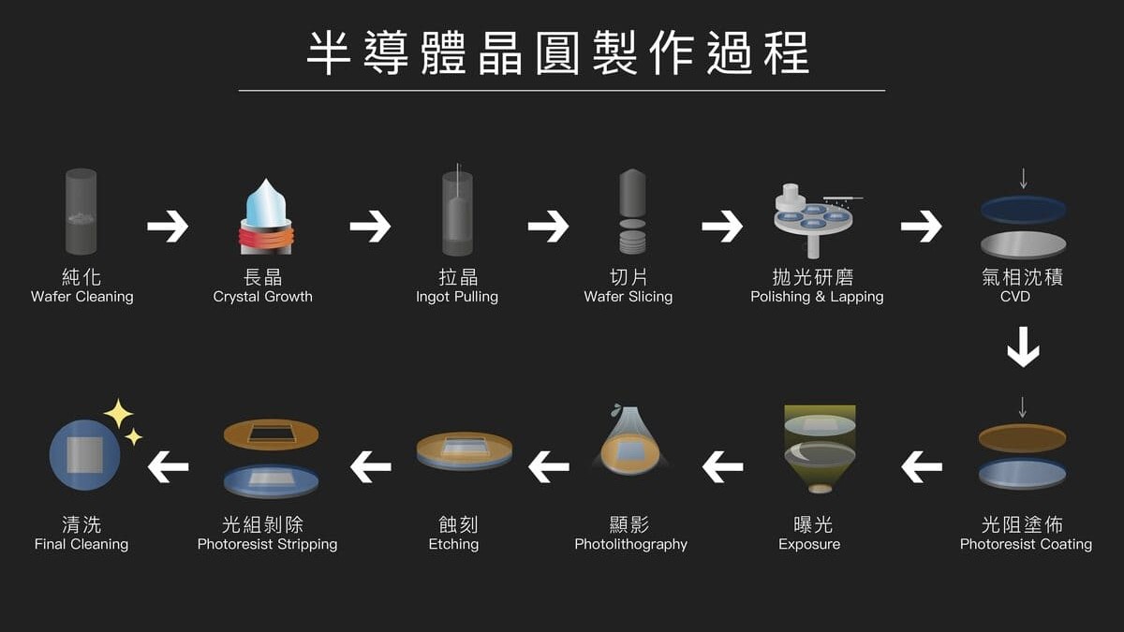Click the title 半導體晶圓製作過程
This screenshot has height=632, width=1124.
click(560, 52)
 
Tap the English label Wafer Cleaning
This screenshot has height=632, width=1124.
click(82, 297)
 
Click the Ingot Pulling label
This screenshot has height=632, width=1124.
click(457, 297)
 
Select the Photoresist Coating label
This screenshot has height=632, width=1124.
click(1026, 544)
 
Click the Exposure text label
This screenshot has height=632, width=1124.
click(809, 544)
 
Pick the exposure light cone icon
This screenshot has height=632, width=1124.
click(820, 449)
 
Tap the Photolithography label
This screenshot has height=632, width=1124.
click(630, 544)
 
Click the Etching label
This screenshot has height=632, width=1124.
click(453, 544)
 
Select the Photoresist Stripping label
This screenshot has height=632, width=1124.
click(267, 544)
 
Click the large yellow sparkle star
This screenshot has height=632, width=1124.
click(118, 413)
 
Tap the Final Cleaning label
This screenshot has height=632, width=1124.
click(81, 544)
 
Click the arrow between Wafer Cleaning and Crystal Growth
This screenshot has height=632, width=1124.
click(168, 226)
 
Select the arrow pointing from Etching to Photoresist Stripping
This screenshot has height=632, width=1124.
click(371, 465)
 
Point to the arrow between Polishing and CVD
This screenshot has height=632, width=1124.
click(922, 226)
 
